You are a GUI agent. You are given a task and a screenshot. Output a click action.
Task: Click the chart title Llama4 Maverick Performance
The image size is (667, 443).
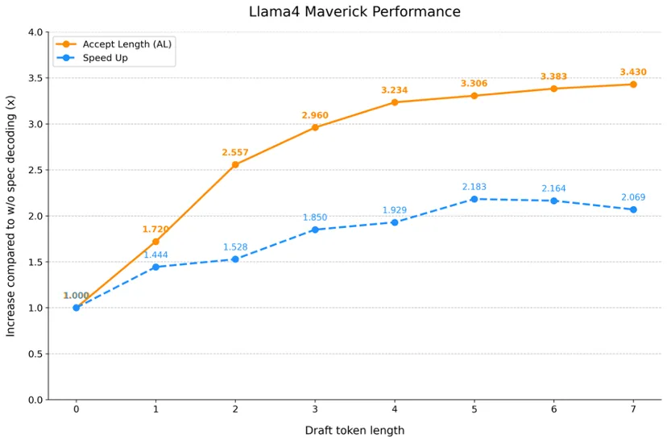(354, 12)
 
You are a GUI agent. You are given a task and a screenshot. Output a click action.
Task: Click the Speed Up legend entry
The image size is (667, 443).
(105, 58)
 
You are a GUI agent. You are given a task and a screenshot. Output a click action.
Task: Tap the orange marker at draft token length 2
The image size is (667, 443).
(235, 164)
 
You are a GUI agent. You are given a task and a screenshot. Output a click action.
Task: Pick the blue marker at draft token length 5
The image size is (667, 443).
(474, 199)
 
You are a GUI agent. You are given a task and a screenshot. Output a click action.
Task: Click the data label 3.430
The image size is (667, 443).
(633, 72)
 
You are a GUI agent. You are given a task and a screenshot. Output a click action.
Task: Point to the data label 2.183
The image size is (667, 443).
(474, 187)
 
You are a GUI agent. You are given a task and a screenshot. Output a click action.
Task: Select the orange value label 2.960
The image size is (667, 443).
(315, 115)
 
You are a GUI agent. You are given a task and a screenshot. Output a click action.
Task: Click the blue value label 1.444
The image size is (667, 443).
(155, 255)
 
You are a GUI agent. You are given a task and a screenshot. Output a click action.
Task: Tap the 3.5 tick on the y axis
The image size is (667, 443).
(35, 78)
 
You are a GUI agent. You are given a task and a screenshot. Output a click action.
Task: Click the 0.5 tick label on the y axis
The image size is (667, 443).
(35, 354)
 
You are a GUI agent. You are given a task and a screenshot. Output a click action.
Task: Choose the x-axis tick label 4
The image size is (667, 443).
(395, 409)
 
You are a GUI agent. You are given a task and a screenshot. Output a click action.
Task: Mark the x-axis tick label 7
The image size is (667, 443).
(633, 409)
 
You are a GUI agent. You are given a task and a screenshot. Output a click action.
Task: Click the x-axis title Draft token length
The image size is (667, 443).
(354, 430)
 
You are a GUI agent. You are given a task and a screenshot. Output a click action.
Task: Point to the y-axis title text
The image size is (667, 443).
(11, 216)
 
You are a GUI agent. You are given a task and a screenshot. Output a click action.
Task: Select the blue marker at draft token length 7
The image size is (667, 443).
(633, 209)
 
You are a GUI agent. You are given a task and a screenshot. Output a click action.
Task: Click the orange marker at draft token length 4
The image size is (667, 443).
(395, 102)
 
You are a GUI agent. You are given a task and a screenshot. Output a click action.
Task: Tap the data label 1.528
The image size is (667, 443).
(235, 247)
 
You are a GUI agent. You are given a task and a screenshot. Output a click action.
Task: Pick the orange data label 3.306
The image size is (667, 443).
(474, 84)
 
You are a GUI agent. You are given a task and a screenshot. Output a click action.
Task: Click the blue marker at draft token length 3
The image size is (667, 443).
(315, 230)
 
